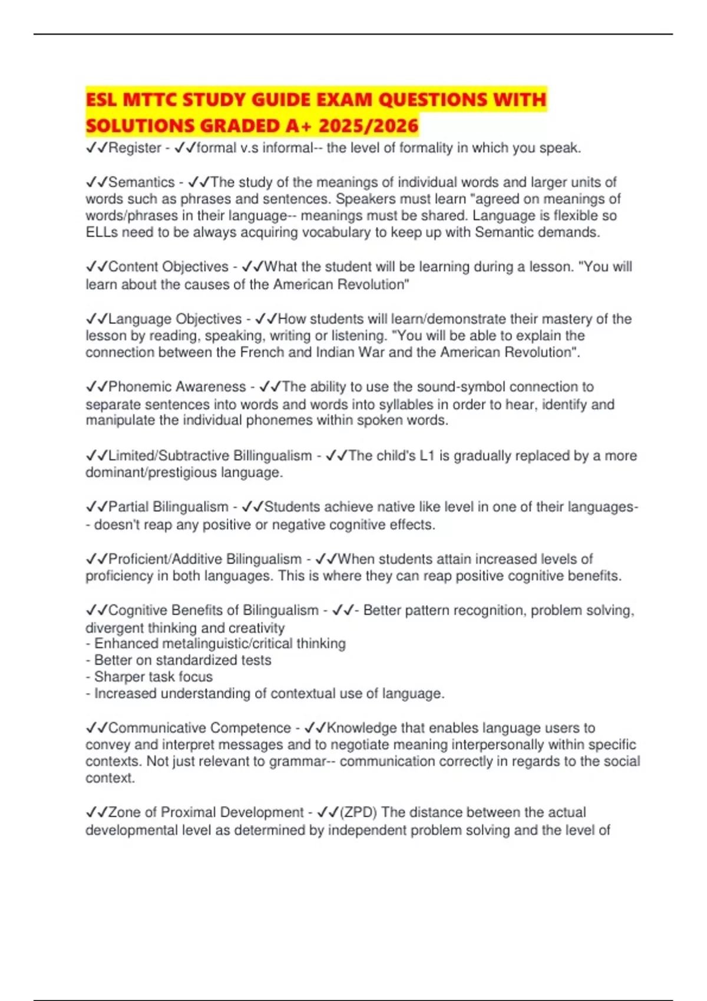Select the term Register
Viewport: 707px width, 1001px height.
[x=135, y=148]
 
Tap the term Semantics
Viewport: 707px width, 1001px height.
[x=141, y=183]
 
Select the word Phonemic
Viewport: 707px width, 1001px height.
[x=138, y=387]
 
